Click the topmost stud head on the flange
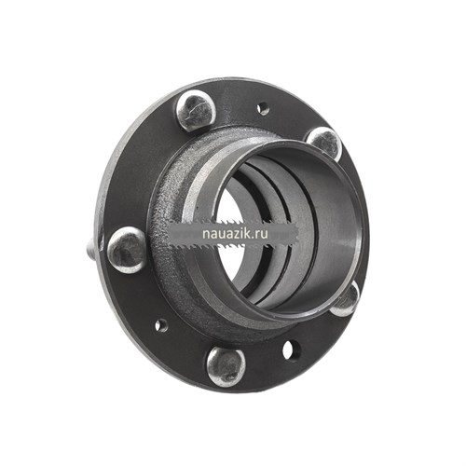[196, 110]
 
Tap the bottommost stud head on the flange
[226, 367]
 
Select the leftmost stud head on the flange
[127, 250]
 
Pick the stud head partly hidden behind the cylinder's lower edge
[346, 300]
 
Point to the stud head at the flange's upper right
[324, 143]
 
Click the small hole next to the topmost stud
[263, 108]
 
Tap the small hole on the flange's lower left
[161, 325]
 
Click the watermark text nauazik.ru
[235, 234]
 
